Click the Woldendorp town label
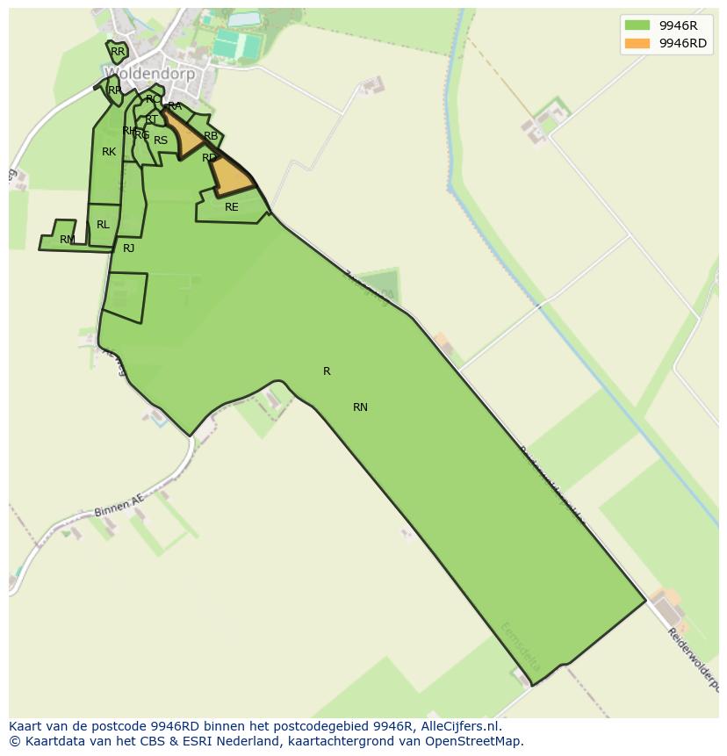(x=149, y=74)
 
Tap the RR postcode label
(x=118, y=52)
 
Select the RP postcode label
(x=114, y=90)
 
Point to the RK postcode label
(x=109, y=152)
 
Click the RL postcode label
(x=103, y=225)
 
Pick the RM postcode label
(x=67, y=240)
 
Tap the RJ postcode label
(x=128, y=248)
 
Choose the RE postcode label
(x=231, y=207)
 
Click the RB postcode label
(x=211, y=136)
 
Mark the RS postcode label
(x=161, y=140)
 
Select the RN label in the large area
(x=360, y=407)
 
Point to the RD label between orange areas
(x=209, y=158)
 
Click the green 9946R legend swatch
(x=637, y=25)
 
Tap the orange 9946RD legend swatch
(x=637, y=43)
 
